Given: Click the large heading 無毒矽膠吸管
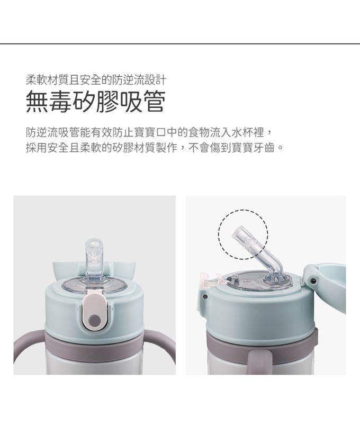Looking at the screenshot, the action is tap(96, 102).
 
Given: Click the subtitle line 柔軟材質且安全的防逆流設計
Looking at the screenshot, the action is tap(96, 80).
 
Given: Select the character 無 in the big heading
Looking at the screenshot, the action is tap(37, 102).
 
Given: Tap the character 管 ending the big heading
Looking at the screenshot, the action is tap(155, 102).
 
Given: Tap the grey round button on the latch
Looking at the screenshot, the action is tap(94, 320).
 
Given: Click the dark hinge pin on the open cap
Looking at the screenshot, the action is tap(313, 280).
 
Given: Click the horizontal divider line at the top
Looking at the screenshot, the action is tap(180, 43).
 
